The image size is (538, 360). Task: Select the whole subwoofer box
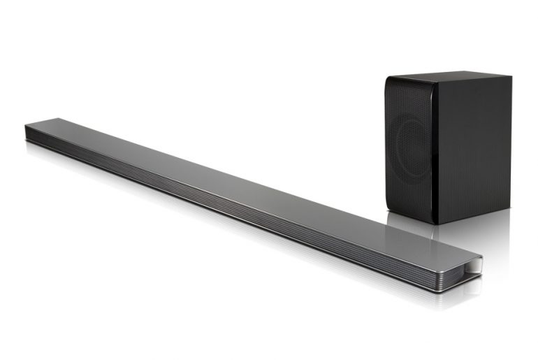coord(448,147)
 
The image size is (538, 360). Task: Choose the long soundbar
coord(252,199)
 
